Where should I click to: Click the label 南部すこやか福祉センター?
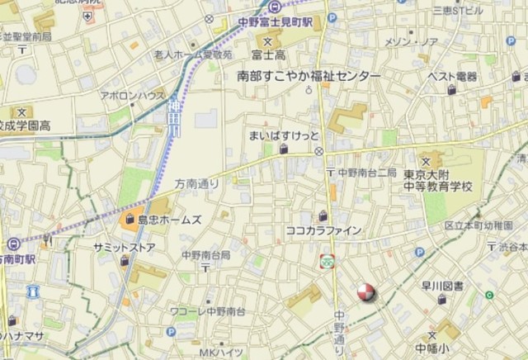(309, 76)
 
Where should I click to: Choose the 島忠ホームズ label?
(169, 220)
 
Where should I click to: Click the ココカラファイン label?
(323, 230)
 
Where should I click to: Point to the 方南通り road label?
(196, 187)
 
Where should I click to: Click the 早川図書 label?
(441, 287)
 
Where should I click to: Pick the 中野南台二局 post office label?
(367, 173)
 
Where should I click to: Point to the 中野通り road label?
(340, 329)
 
